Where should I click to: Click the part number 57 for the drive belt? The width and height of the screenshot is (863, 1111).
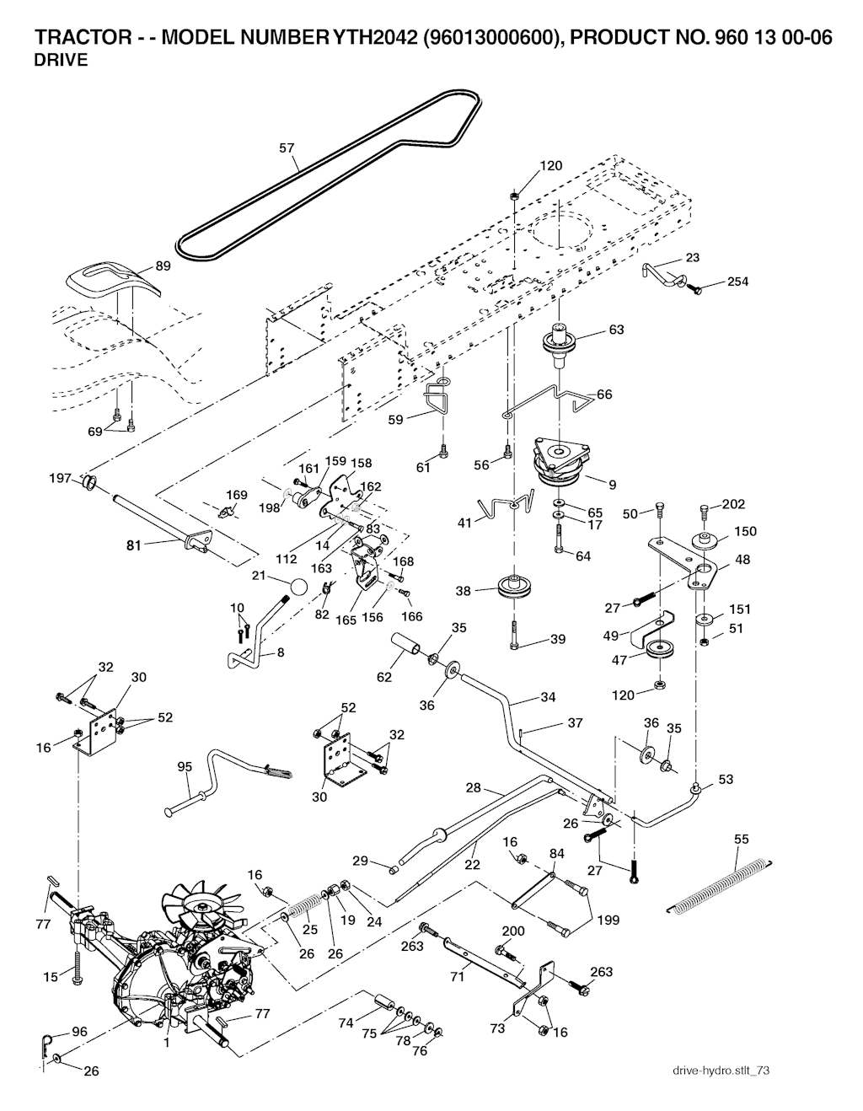coord(287,148)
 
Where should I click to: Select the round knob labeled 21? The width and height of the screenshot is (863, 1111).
coord(296,586)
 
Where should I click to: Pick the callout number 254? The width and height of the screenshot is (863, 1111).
coord(737,282)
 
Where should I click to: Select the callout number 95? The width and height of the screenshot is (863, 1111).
coord(185,766)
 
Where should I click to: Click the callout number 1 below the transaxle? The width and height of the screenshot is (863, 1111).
coord(167,1042)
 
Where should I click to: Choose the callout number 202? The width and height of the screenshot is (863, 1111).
coord(734,504)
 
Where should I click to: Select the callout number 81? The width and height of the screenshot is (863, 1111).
coord(133,545)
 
